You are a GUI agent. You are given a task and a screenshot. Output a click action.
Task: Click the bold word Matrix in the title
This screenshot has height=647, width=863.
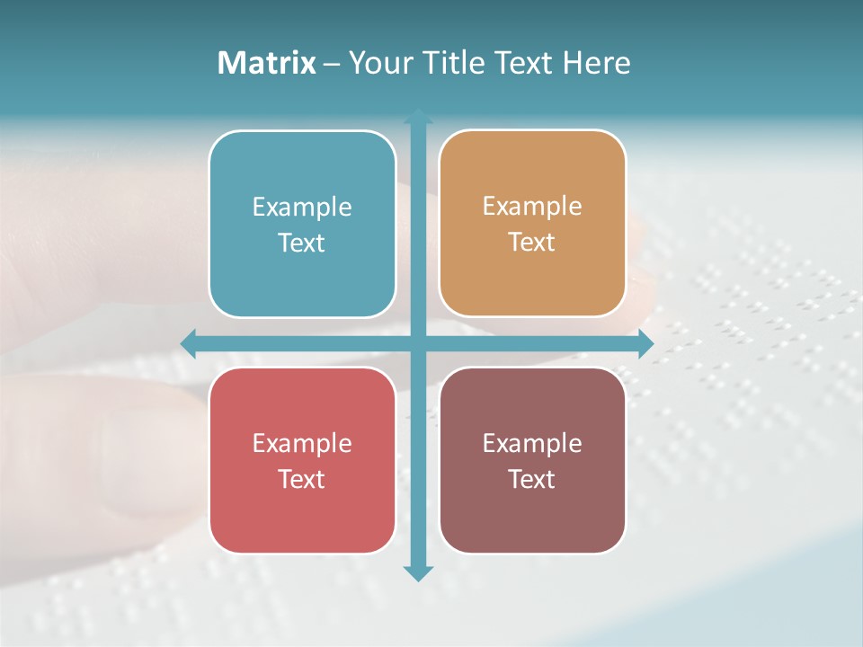[x=267, y=63]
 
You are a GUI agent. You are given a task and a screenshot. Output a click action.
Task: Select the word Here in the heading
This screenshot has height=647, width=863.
[x=596, y=63]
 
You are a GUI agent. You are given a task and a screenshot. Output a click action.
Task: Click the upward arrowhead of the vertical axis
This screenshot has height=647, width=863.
[x=418, y=116]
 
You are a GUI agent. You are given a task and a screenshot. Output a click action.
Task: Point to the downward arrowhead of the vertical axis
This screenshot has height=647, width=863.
[x=418, y=573]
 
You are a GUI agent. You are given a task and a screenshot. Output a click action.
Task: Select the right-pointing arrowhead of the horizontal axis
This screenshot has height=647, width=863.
[x=645, y=343]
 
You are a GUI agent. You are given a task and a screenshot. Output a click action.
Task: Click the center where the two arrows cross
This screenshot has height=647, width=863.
[x=418, y=343]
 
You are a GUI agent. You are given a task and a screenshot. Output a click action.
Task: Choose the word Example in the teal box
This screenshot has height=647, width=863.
[x=302, y=208]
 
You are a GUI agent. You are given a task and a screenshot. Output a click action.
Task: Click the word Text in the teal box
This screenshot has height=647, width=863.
[x=302, y=244]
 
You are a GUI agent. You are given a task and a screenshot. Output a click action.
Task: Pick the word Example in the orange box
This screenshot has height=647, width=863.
[x=532, y=207]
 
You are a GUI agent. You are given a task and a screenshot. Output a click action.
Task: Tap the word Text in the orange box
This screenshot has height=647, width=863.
[x=532, y=243]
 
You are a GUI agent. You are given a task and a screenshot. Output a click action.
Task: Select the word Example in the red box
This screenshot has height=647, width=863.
[x=302, y=444]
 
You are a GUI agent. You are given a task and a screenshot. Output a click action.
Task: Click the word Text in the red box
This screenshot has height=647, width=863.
[x=302, y=480]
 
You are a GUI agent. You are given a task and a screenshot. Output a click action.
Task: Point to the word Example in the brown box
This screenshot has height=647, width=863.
[x=532, y=444]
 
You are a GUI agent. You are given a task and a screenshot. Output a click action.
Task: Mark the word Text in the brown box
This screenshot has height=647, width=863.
[x=532, y=480]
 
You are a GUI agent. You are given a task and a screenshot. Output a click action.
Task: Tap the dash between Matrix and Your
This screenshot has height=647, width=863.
[x=332, y=64]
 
